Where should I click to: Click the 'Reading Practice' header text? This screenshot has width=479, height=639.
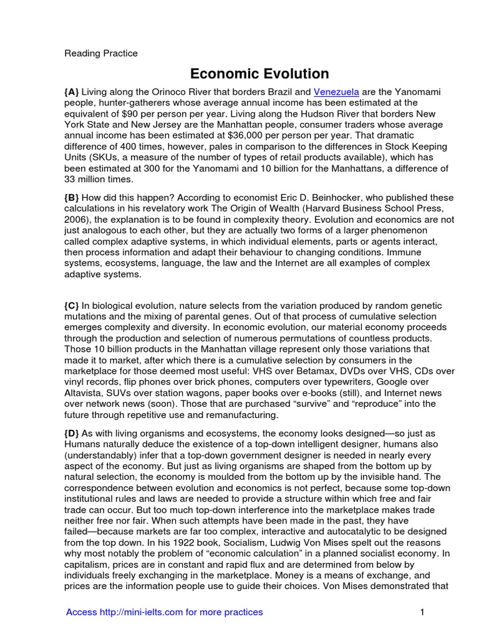click(x=101, y=54)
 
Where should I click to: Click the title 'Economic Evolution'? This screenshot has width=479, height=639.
click(x=259, y=74)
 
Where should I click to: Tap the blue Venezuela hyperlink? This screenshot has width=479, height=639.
click(x=336, y=92)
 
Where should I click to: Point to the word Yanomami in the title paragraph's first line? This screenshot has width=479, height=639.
click(x=418, y=92)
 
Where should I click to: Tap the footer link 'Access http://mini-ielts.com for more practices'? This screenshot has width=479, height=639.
click(x=164, y=612)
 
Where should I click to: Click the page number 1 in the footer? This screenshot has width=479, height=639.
click(x=422, y=612)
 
